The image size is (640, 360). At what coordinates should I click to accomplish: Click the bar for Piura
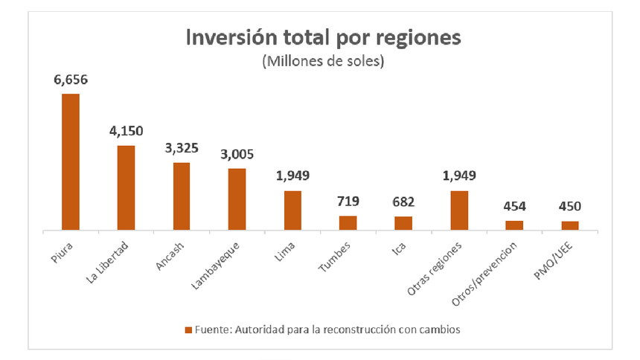[x=71, y=161]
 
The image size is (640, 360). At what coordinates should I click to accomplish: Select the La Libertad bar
[x=126, y=187]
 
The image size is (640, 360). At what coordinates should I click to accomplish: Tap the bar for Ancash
[x=182, y=196]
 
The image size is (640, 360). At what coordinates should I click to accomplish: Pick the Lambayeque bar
[x=237, y=199]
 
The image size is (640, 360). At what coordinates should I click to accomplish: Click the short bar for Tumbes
[x=348, y=222]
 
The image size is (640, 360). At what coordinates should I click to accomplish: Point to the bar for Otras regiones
[x=458, y=210]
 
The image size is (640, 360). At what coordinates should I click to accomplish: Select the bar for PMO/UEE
[x=569, y=225]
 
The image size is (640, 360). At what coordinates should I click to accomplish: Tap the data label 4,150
[x=126, y=132]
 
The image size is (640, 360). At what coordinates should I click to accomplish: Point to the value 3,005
[x=237, y=155]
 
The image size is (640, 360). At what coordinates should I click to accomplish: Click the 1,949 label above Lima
[x=292, y=176]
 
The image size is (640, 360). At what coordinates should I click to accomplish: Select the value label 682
[x=403, y=202]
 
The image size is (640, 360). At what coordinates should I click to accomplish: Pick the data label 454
[x=514, y=207]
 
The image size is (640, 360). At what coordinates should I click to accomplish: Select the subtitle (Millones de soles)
[x=322, y=62]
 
